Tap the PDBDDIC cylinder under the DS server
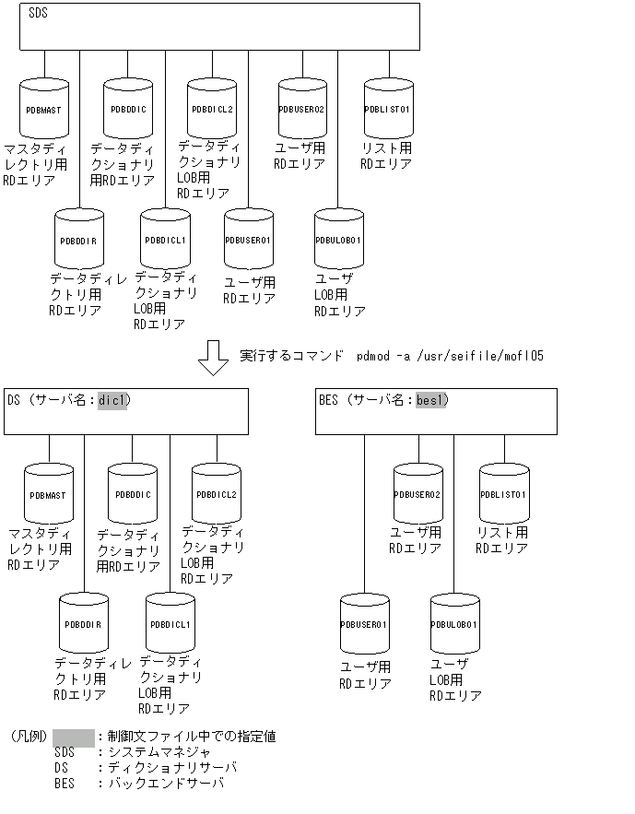(x=133, y=494)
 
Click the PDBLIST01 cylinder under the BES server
(x=503, y=494)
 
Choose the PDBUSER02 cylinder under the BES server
(x=417, y=494)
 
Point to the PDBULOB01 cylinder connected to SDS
(x=338, y=241)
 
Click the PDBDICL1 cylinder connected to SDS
(x=165, y=241)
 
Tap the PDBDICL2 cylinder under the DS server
(x=217, y=494)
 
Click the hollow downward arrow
(x=213, y=359)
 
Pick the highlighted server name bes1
(x=430, y=400)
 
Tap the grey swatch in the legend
(x=74, y=737)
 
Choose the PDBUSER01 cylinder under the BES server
(x=365, y=625)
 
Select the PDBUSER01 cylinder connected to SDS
(x=249, y=241)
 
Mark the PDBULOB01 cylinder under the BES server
(x=454, y=625)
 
